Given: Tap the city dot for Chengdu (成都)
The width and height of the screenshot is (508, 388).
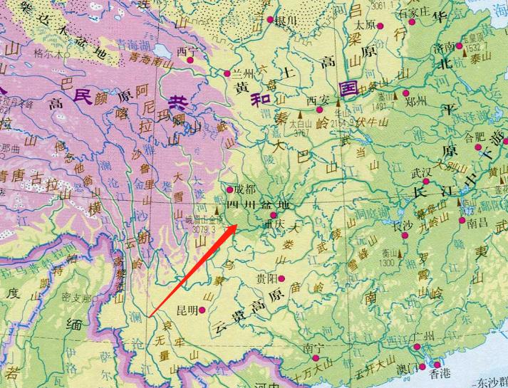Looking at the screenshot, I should pyautogui.click(x=229, y=191).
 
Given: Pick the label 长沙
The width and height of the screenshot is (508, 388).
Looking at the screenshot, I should pyautogui.click(x=403, y=225).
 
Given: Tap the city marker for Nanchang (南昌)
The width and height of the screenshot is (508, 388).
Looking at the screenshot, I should pyautogui.click(x=462, y=222).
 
